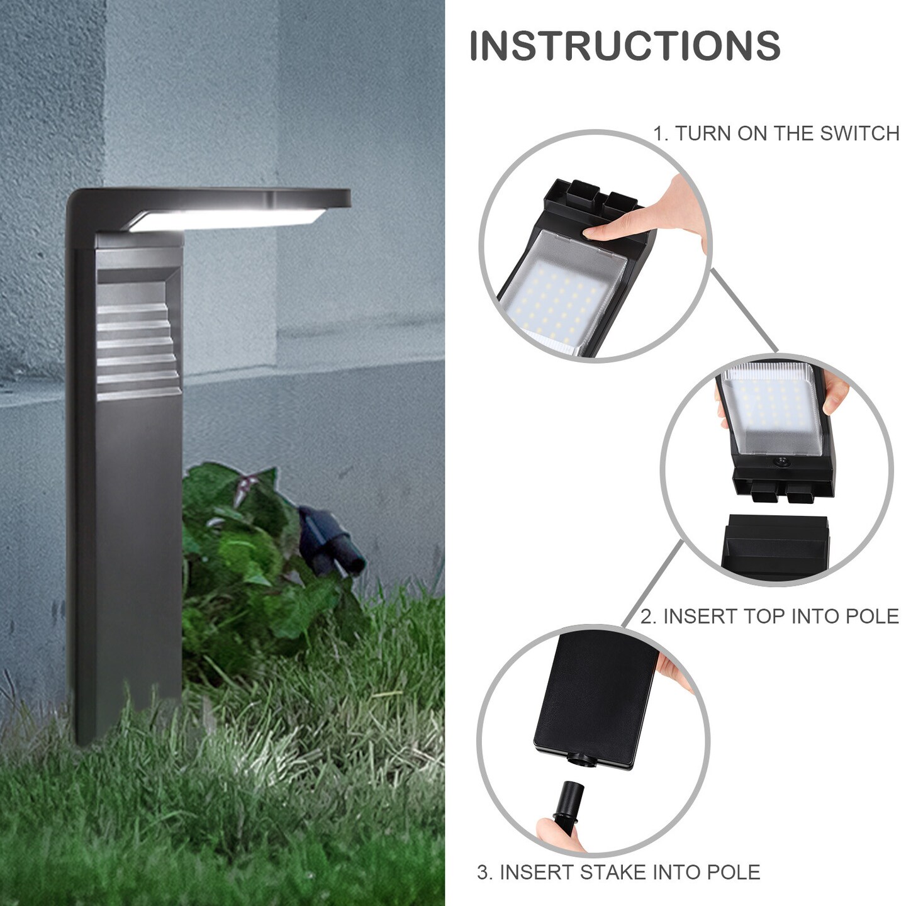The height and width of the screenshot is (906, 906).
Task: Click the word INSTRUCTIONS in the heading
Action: pyautogui.click(x=625, y=46)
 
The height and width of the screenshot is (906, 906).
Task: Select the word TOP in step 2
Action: pyautogui.click(x=764, y=617)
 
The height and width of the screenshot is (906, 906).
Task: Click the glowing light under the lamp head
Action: pyautogui.click(x=226, y=220)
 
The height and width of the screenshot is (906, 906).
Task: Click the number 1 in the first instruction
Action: pyautogui.click(x=658, y=133)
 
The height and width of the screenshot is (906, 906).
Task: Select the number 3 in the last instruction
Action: pyautogui.click(x=483, y=873)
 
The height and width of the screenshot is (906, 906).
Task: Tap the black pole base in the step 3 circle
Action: pyautogui.click(x=591, y=698)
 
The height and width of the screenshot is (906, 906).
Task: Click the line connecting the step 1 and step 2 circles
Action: pyautogui.click(x=745, y=311)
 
